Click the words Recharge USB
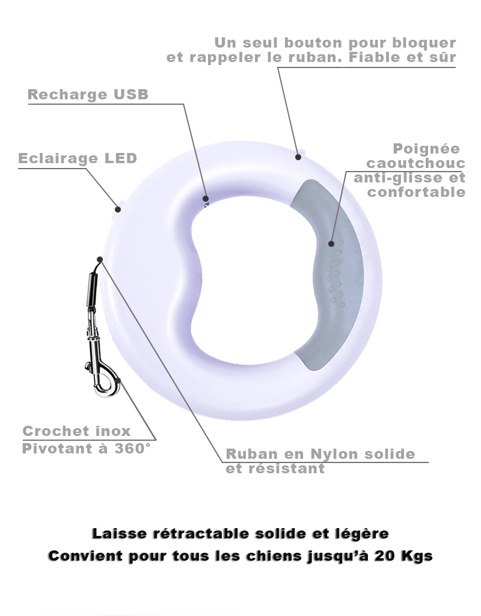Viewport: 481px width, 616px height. click(x=88, y=95)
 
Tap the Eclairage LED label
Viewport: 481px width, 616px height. click(x=78, y=158)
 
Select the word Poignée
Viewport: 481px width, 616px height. click(x=426, y=149)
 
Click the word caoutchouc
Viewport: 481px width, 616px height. click(x=416, y=163)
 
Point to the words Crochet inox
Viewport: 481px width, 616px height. click(x=76, y=431)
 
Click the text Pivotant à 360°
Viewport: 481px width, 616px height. click(x=87, y=448)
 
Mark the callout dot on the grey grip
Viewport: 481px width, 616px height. click(x=331, y=244)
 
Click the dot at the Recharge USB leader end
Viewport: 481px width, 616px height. click(x=205, y=198)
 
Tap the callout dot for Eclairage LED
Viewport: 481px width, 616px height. click(x=118, y=210)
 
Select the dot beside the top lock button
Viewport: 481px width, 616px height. click(x=298, y=157)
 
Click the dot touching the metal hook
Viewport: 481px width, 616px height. click(x=118, y=380)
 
